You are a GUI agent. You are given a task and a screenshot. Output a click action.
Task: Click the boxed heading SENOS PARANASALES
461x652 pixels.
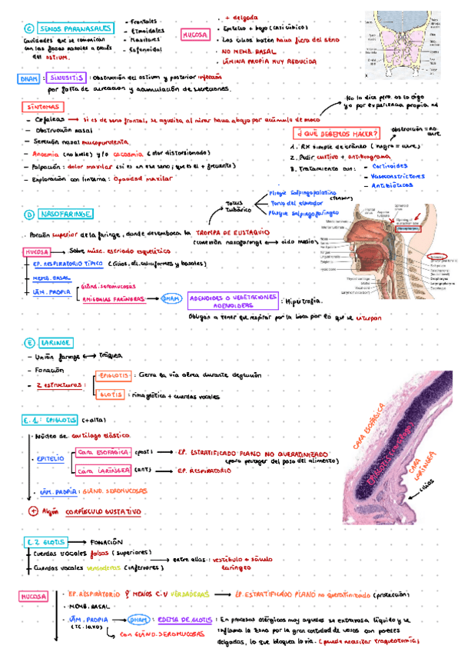coord(74,28)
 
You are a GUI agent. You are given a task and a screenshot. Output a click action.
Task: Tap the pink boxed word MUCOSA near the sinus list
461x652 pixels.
coord(195,34)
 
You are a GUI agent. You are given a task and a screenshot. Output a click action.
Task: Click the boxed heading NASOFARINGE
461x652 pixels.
coord(68,213)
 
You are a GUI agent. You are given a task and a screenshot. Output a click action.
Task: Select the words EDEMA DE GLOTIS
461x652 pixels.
coord(184,620)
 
